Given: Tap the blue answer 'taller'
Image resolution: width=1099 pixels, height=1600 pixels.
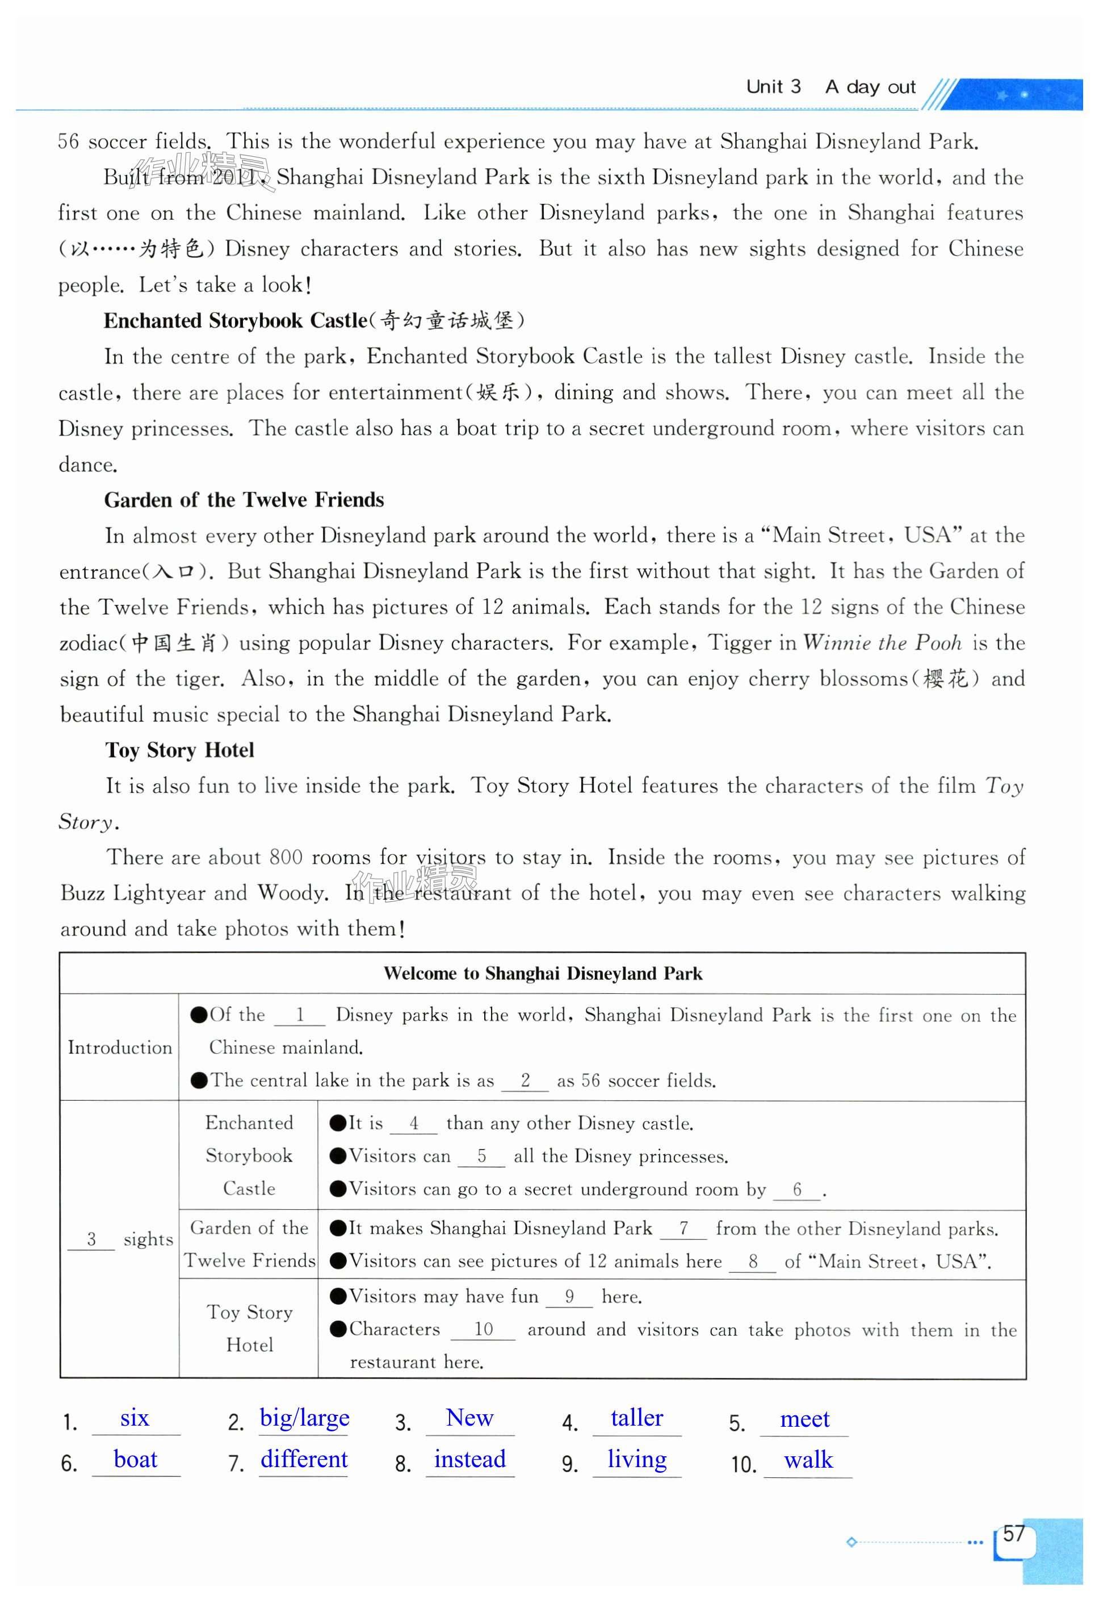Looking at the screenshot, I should [636, 1418].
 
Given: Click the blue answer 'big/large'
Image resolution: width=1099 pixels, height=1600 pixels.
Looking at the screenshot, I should [304, 1418].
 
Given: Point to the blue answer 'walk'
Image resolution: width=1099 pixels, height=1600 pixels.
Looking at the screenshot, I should [808, 1460].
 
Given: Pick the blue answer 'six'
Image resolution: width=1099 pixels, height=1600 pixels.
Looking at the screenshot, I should [135, 1418].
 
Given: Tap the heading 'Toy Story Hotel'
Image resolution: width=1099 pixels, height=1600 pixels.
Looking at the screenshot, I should [180, 750].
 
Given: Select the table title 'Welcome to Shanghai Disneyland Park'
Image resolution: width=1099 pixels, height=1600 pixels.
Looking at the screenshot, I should [543, 973].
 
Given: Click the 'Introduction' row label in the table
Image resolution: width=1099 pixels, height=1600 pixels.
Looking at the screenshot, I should [120, 1047].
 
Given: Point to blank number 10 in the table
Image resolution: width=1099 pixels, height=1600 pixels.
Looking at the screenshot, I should [484, 1329].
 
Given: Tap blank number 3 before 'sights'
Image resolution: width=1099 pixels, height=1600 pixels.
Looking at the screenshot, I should [91, 1240].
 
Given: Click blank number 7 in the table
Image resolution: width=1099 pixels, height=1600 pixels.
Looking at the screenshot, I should [683, 1229].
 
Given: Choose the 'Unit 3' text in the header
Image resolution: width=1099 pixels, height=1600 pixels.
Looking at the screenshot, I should [773, 87].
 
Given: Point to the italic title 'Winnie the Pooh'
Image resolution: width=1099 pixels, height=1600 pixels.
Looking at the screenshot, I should [882, 644].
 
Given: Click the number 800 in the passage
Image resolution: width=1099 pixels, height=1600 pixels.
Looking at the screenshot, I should [286, 858].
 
